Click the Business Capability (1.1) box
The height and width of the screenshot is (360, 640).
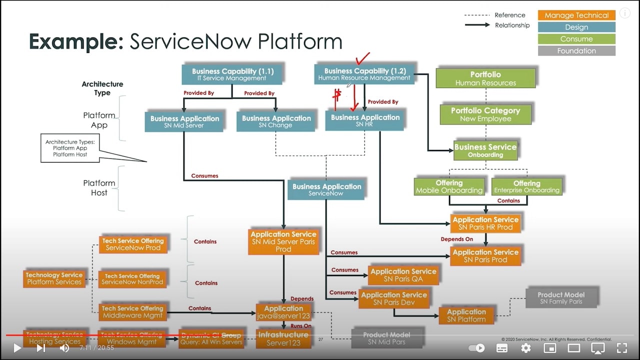click(x=232, y=74)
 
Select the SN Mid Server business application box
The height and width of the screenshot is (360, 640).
click(x=184, y=121)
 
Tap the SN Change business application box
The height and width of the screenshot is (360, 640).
click(x=276, y=121)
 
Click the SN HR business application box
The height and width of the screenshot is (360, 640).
click(x=364, y=120)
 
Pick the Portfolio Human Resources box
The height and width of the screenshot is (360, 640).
click(x=485, y=78)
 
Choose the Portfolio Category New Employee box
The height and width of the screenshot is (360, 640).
click(x=485, y=114)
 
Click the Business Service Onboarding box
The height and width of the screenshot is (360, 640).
click(x=485, y=150)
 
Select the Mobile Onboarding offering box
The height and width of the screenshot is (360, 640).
click(x=449, y=186)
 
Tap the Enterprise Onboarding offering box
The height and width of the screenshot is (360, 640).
click(x=526, y=186)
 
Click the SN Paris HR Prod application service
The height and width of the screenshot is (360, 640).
click(x=485, y=223)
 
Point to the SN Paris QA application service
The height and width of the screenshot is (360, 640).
click(x=403, y=275)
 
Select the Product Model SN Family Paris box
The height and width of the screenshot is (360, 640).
click(x=560, y=298)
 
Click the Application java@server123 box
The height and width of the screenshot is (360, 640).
click(x=283, y=312)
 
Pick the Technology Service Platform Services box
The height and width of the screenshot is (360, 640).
click(x=54, y=278)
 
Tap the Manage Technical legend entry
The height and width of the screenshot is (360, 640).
click(x=576, y=15)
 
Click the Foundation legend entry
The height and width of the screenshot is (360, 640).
click(x=576, y=51)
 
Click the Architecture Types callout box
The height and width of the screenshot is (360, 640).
click(x=70, y=148)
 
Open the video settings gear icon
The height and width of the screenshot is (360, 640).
click(x=525, y=348)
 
